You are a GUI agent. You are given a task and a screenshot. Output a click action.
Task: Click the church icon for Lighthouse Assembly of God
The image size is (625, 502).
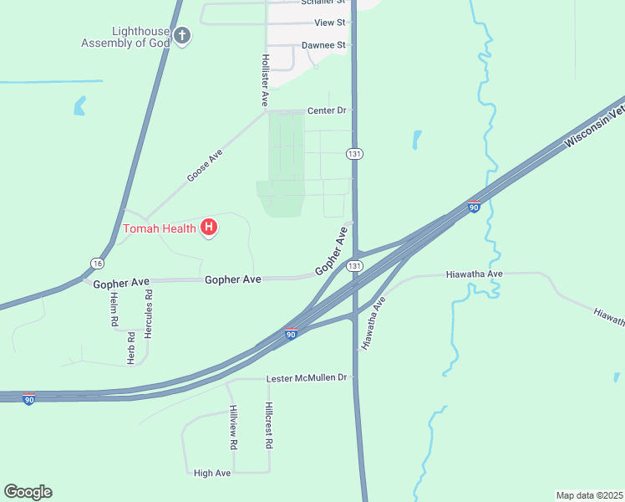(182, 35)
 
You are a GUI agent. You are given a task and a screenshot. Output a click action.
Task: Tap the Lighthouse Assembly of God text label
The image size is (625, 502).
(125, 38)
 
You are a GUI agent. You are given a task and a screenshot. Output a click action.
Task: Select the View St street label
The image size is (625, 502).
(330, 23)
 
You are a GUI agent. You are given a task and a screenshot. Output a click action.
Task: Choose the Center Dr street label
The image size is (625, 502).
(327, 110)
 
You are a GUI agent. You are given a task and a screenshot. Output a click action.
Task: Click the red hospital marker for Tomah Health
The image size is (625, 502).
(209, 227)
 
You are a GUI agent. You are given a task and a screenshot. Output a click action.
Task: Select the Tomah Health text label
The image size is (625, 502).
(160, 228)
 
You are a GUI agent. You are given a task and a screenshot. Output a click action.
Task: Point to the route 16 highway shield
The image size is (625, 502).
(98, 264)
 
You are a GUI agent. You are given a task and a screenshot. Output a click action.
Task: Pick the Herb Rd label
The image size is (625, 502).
(131, 347)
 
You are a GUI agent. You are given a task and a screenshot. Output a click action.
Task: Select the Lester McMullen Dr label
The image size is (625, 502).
(306, 378)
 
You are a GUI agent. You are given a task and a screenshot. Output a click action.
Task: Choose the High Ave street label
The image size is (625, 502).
(212, 473)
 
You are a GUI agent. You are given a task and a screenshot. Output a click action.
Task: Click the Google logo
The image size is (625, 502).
(28, 492)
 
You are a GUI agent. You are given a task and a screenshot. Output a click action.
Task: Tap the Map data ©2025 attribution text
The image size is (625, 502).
(589, 494)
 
